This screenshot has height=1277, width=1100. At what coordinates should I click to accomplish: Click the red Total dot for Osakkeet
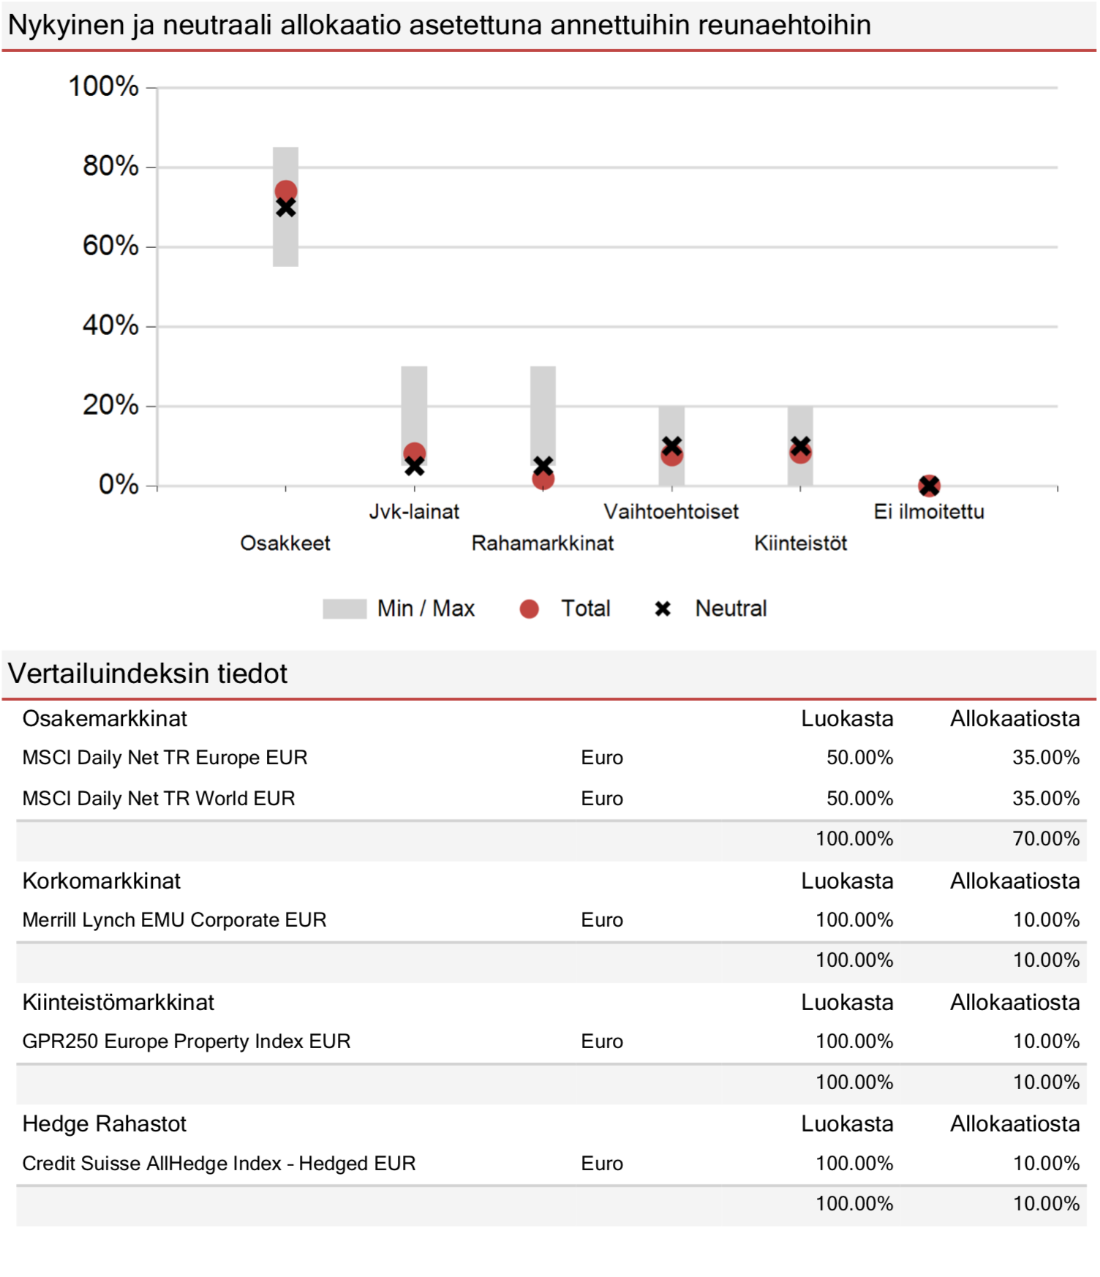(x=285, y=192)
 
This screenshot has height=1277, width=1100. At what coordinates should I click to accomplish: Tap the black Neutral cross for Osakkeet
(x=285, y=208)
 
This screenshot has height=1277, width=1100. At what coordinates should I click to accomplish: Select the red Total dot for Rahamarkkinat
(x=543, y=479)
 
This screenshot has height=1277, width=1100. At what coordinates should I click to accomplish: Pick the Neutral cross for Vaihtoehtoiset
(x=671, y=445)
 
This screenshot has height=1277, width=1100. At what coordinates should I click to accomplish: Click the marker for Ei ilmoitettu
(x=929, y=485)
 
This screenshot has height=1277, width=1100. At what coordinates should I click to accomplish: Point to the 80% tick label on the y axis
(x=110, y=166)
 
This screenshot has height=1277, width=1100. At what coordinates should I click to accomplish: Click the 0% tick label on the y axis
(x=118, y=484)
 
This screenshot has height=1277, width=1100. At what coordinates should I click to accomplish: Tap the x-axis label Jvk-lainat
(x=414, y=511)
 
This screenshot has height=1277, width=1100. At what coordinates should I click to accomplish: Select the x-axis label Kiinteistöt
(x=800, y=543)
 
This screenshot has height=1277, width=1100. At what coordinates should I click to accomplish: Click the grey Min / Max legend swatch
(x=344, y=609)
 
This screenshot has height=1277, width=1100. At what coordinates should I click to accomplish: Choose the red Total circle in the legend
(x=529, y=609)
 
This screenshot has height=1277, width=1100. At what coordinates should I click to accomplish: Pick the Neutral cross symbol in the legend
(x=663, y=609)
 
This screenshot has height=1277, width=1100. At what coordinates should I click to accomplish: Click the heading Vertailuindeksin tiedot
(x=148, y=674)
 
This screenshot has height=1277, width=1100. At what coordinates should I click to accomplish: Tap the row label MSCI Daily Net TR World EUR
(x=159, y=798)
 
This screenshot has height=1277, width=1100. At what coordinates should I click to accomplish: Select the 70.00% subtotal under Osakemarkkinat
(x=1046, y=838)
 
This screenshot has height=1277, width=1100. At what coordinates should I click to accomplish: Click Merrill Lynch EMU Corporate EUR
(x=174, y=919)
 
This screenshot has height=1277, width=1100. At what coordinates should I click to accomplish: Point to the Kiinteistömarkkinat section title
(x=118, y=1002)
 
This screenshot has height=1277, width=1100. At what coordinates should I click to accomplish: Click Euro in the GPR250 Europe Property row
(x=602, y=1041)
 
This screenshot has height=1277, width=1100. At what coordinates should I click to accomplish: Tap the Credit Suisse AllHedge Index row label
(x=219, y=1163)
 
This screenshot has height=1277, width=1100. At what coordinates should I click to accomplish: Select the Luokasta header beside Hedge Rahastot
(x=847, y=1123)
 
